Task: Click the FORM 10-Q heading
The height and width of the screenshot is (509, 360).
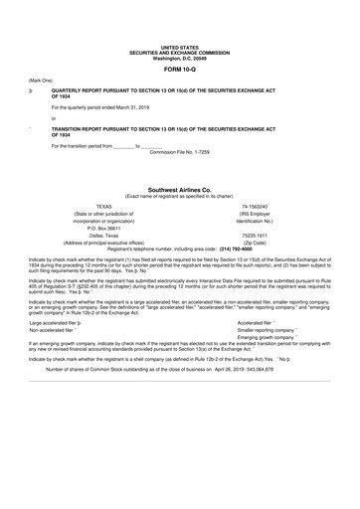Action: coord(180,70)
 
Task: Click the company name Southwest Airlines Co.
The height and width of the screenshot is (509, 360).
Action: coord(180,188)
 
